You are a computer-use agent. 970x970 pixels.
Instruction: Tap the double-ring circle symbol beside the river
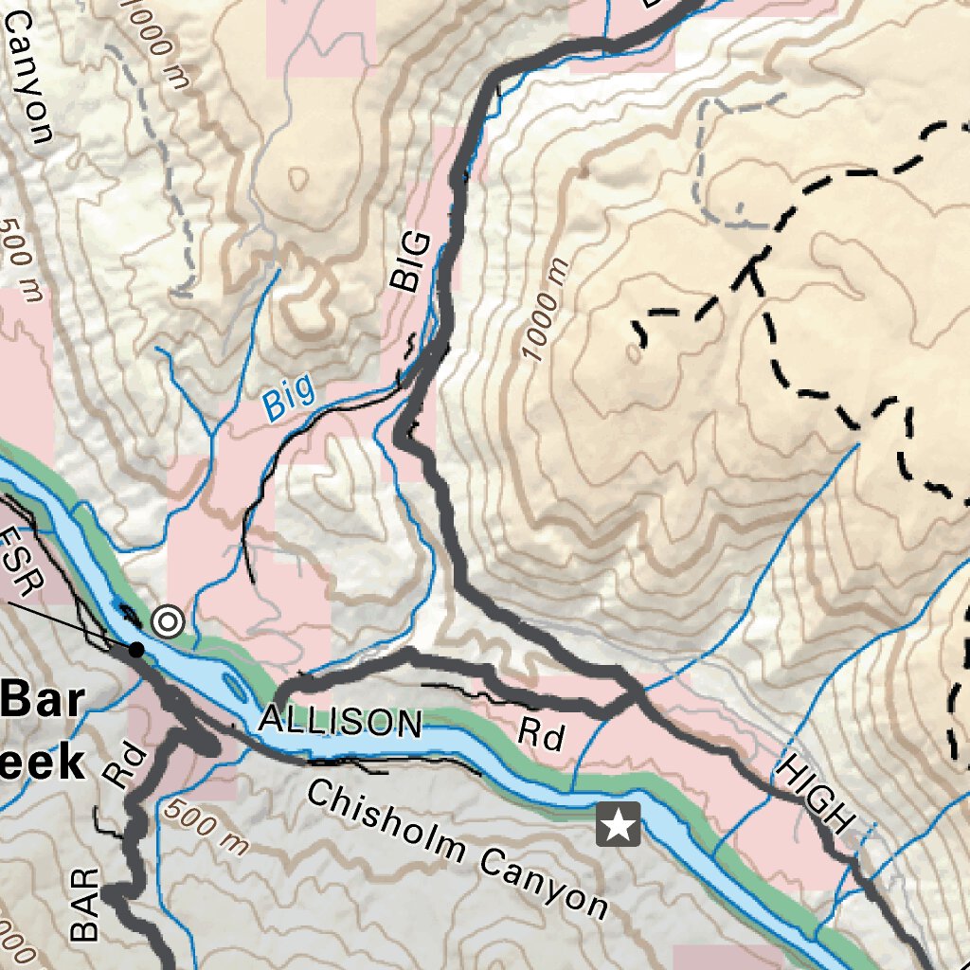168,622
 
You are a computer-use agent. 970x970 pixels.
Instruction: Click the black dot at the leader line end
136,650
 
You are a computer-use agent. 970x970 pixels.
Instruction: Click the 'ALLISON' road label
341,722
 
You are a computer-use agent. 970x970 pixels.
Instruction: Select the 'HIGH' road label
812,795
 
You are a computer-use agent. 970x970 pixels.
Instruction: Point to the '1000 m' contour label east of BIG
543,310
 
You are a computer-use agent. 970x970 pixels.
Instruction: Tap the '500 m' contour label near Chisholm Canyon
204,828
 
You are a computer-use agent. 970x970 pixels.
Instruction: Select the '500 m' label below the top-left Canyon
21,260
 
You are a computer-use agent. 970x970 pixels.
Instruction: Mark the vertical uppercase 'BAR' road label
85,906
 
